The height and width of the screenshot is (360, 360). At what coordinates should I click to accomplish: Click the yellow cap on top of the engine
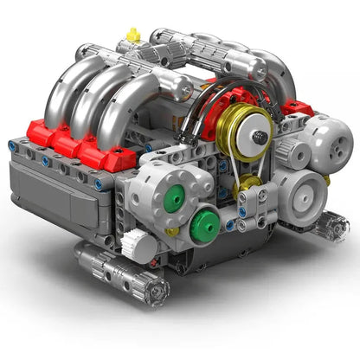click(x=132, y=35)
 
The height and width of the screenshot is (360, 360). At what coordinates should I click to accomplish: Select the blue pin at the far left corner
click(x=12, y=145)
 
